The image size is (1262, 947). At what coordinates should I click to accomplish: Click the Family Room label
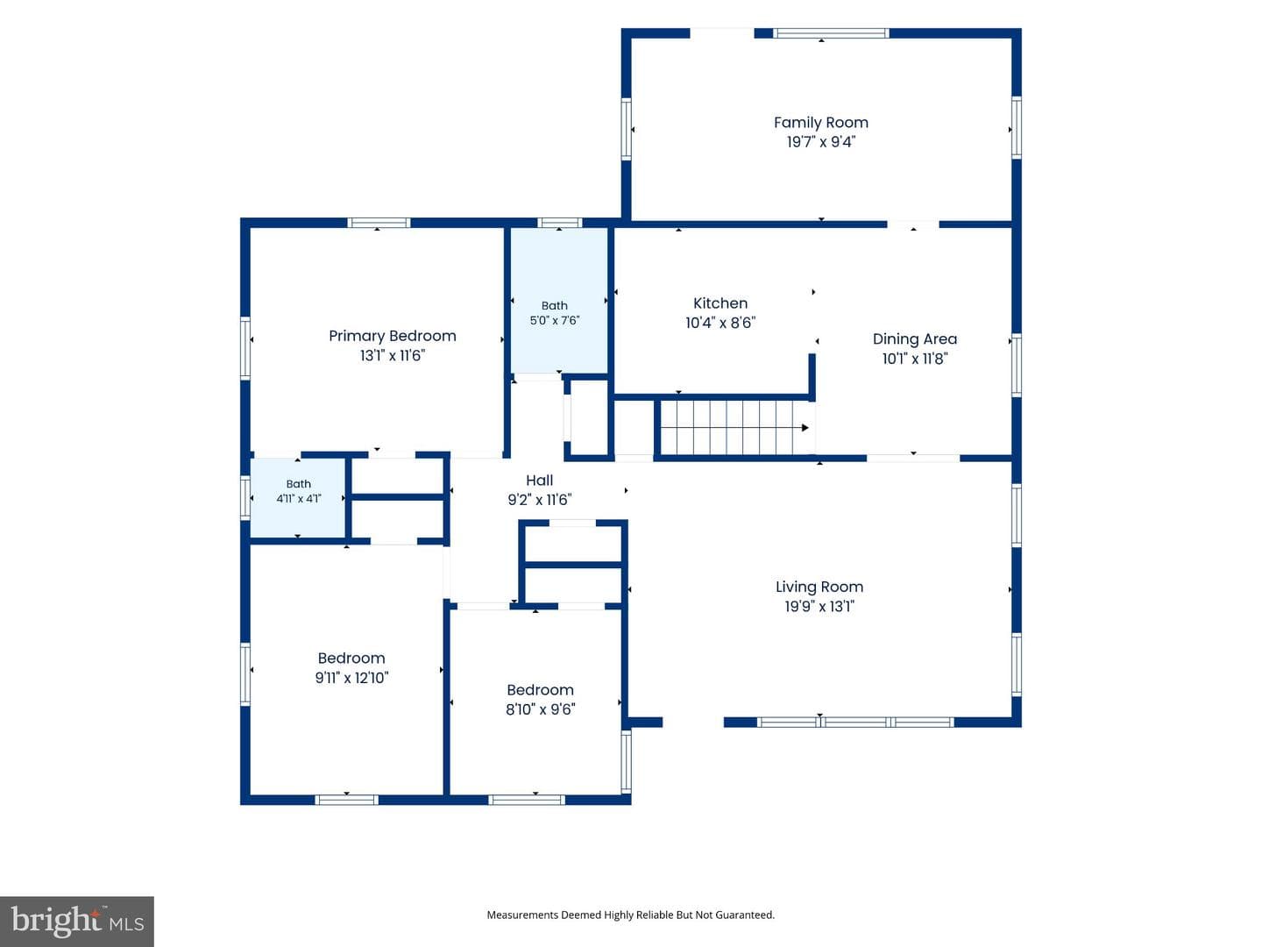point(820,123)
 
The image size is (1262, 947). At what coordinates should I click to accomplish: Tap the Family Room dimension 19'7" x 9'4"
point(820,141)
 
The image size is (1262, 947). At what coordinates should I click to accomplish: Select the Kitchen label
point(720,303)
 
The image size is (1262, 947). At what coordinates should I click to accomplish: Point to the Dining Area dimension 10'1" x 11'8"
point(914,359)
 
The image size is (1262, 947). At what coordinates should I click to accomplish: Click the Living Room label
point(819,587)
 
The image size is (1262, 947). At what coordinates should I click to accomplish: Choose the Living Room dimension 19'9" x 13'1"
point(819,606)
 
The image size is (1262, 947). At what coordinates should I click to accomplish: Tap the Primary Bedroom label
point(392,336)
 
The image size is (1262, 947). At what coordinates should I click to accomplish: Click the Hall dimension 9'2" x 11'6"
point(539,500)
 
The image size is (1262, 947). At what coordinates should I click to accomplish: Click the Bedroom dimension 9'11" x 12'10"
point(351,677)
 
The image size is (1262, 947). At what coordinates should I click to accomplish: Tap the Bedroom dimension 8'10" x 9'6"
point(540,709)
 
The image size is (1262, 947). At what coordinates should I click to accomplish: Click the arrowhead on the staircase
point(805,428)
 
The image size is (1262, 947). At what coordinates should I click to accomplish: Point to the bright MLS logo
point(77,921)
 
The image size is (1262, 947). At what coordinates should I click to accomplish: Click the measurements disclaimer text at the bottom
point(630,915)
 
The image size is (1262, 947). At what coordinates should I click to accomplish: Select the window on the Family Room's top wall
point(830,33)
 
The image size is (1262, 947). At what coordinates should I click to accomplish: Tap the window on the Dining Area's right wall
point(1016,365)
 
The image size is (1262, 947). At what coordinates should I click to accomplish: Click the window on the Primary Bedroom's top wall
point(379,223)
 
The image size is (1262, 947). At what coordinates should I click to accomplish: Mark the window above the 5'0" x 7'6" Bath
point(559,223)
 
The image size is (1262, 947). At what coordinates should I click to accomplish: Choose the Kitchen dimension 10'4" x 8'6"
point(720,323)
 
